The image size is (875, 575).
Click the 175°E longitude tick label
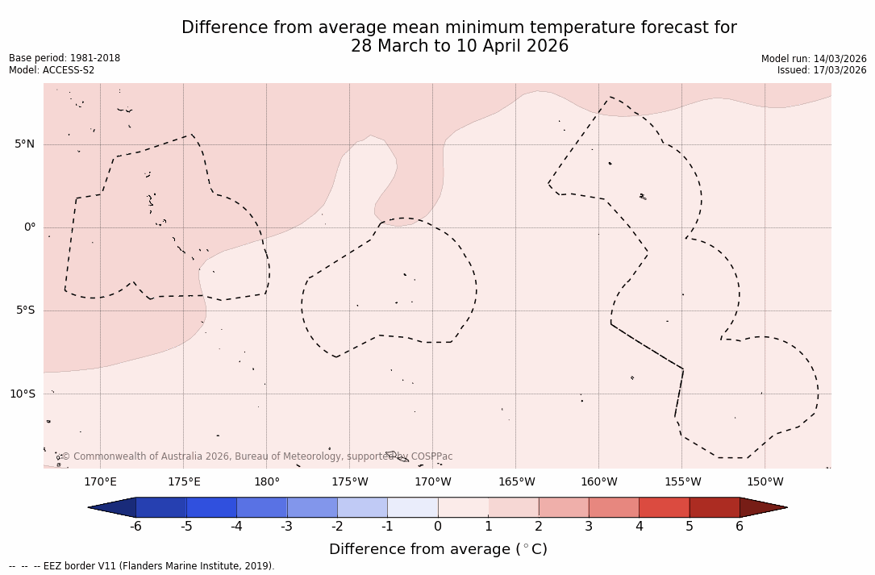click(184, 482)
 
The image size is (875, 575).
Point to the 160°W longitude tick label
click(598, 482)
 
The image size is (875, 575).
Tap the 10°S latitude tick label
click(22, 394)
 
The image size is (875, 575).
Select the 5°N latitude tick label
click(24, 144)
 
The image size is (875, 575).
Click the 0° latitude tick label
click(30, 227)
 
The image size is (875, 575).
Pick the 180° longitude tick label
click(267, 482)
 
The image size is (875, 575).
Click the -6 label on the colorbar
click(135, 527)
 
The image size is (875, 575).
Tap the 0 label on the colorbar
click(438, 527)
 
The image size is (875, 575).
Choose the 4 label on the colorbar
click(639, 527)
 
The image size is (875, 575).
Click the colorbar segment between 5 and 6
click(715, 507)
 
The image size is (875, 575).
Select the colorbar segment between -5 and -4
click(211, 507)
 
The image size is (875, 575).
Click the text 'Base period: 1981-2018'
click(65, 58)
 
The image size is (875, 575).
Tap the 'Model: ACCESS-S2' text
click(52, 70)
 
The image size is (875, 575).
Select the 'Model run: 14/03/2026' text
click(814, 59)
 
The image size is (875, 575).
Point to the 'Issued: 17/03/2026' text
click(822, 70)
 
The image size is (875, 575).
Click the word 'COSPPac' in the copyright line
click(431, 456)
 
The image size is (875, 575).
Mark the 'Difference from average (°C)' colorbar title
click(438, 549)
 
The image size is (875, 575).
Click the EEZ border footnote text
click(142, 566)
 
